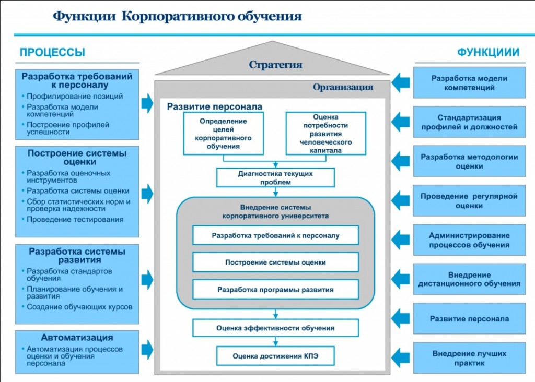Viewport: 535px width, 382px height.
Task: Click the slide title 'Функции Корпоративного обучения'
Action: [x=177, y=16]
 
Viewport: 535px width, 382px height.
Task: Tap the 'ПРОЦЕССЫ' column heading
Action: [x=52, y=52]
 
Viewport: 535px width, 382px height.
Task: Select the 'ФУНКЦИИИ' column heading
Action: [x=488, y=52]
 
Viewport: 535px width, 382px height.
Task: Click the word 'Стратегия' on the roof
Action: [x=275, y=65]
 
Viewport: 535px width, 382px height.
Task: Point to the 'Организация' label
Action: [x=343, y=87]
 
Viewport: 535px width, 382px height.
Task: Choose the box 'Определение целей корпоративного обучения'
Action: [x=223, y=134]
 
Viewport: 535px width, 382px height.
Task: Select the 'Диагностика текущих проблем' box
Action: [x=275, y=177]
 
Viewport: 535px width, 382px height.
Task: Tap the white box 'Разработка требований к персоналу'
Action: [x=275, y=235]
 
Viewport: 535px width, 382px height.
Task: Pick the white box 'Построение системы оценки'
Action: [x=275, y=262]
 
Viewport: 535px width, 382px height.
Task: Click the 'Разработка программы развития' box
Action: [x=275, y=289]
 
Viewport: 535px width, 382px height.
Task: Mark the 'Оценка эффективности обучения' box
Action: [x=275, y=328]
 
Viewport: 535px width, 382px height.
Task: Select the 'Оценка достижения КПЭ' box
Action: [x=275, y=356]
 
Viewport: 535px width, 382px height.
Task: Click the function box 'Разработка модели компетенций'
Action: [x=469, y=83]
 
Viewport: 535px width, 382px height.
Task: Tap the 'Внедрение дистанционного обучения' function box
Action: [x=469, y=279]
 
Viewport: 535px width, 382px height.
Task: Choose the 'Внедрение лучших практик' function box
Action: [x=469, y=358]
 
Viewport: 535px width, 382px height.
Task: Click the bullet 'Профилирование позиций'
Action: [x=75, y=96]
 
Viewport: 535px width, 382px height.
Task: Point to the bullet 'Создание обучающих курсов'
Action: [x=79, y=307]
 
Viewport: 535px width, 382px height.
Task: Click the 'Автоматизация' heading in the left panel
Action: [x=77, y=338]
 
